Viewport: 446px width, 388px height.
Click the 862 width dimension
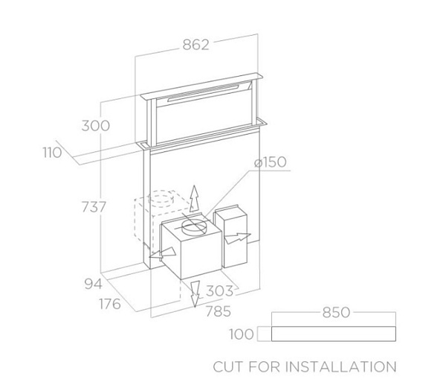pyautogui.click(x=195, y=45)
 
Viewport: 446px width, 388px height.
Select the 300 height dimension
pyautogui.click(x=96, y=126)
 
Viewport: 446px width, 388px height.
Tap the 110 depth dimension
pyautogui.click(x=52, y=153)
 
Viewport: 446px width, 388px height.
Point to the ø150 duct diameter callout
pyautogui.click(x=271, y=162)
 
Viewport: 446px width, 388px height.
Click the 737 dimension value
pyautogui.click(x=94, y=207)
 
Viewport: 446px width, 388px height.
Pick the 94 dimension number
pyautogui.click(x=94, y=284)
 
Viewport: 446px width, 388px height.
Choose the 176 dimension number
pyautogui.click(x=110, y=304)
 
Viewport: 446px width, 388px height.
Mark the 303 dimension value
pyautogui.click(x=219, y=291)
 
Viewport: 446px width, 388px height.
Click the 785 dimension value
pyautogui.click(x=218, y=311)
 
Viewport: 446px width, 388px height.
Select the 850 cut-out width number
pyautogui.click(x=336, y=313)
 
